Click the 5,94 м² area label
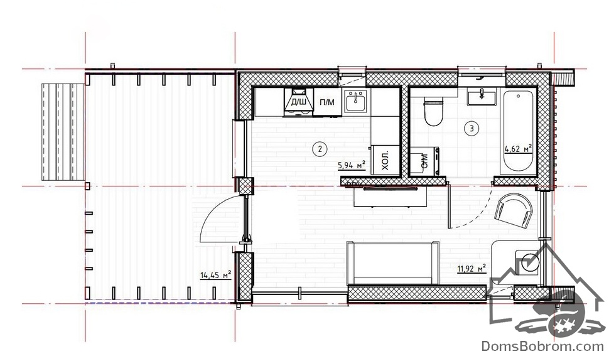(352, 166)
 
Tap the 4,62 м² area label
(518, 148)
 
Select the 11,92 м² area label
(472, 269)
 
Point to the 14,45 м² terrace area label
(215, 275)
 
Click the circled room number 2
(320, 148)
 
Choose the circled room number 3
(472, 128)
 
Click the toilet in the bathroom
(433, 112)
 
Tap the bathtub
(518, 132)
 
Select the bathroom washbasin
(482, 97)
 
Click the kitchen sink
(355, 102)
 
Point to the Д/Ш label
(298, 102)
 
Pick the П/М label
(327, 102)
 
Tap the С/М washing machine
(425, 161)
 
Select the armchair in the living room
(514, 211)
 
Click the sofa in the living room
(392, 264)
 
